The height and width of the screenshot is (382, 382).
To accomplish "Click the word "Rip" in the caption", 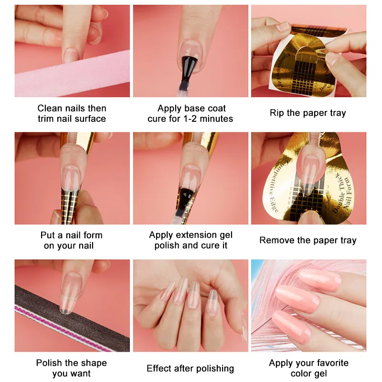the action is pos(277,113).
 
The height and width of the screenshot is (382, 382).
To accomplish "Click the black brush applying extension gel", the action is pos(186,200).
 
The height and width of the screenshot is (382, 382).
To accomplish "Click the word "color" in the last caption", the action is pos(301,373).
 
